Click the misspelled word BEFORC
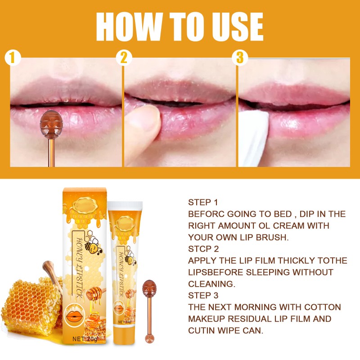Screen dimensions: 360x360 tap(208, 214)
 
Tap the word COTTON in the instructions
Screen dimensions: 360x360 tap(322, 307)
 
